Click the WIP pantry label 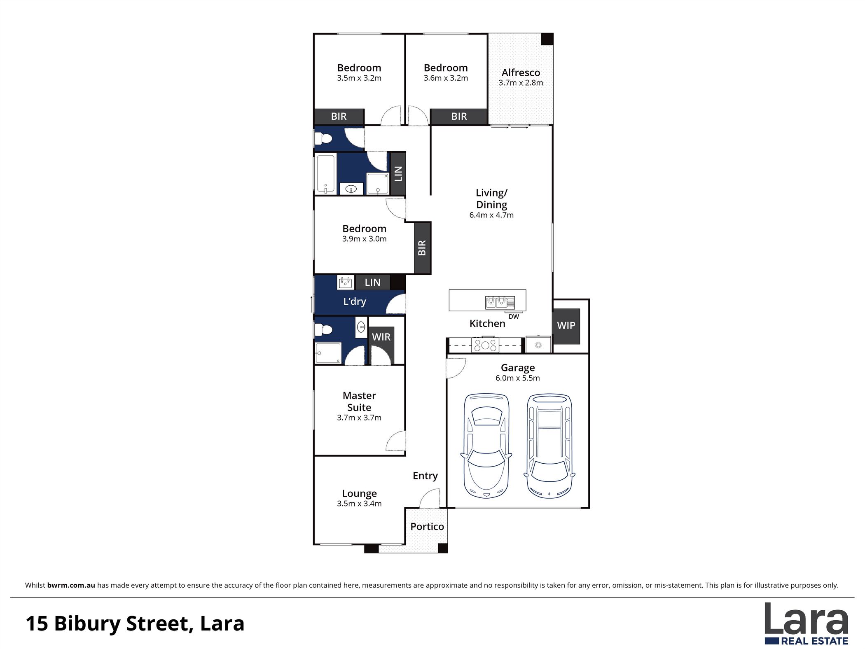[566, 326]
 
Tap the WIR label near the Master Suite [381, 337]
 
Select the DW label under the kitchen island [514, 317]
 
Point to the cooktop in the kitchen [485, 345]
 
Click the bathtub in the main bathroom [325, 174]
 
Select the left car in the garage [486, 446]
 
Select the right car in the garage [549, 446]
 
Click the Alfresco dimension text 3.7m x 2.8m [521, 83]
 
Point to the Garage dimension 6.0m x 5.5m [518, 378]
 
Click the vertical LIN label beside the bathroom [398, 173]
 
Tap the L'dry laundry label [355, 301]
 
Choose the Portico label [427, 527]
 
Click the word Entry [425, 476]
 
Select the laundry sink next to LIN [345, 282]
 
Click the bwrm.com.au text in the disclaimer [71, 585]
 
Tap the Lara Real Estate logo [806, 623]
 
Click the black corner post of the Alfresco [547, 39]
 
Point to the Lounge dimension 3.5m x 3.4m [359, 504]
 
